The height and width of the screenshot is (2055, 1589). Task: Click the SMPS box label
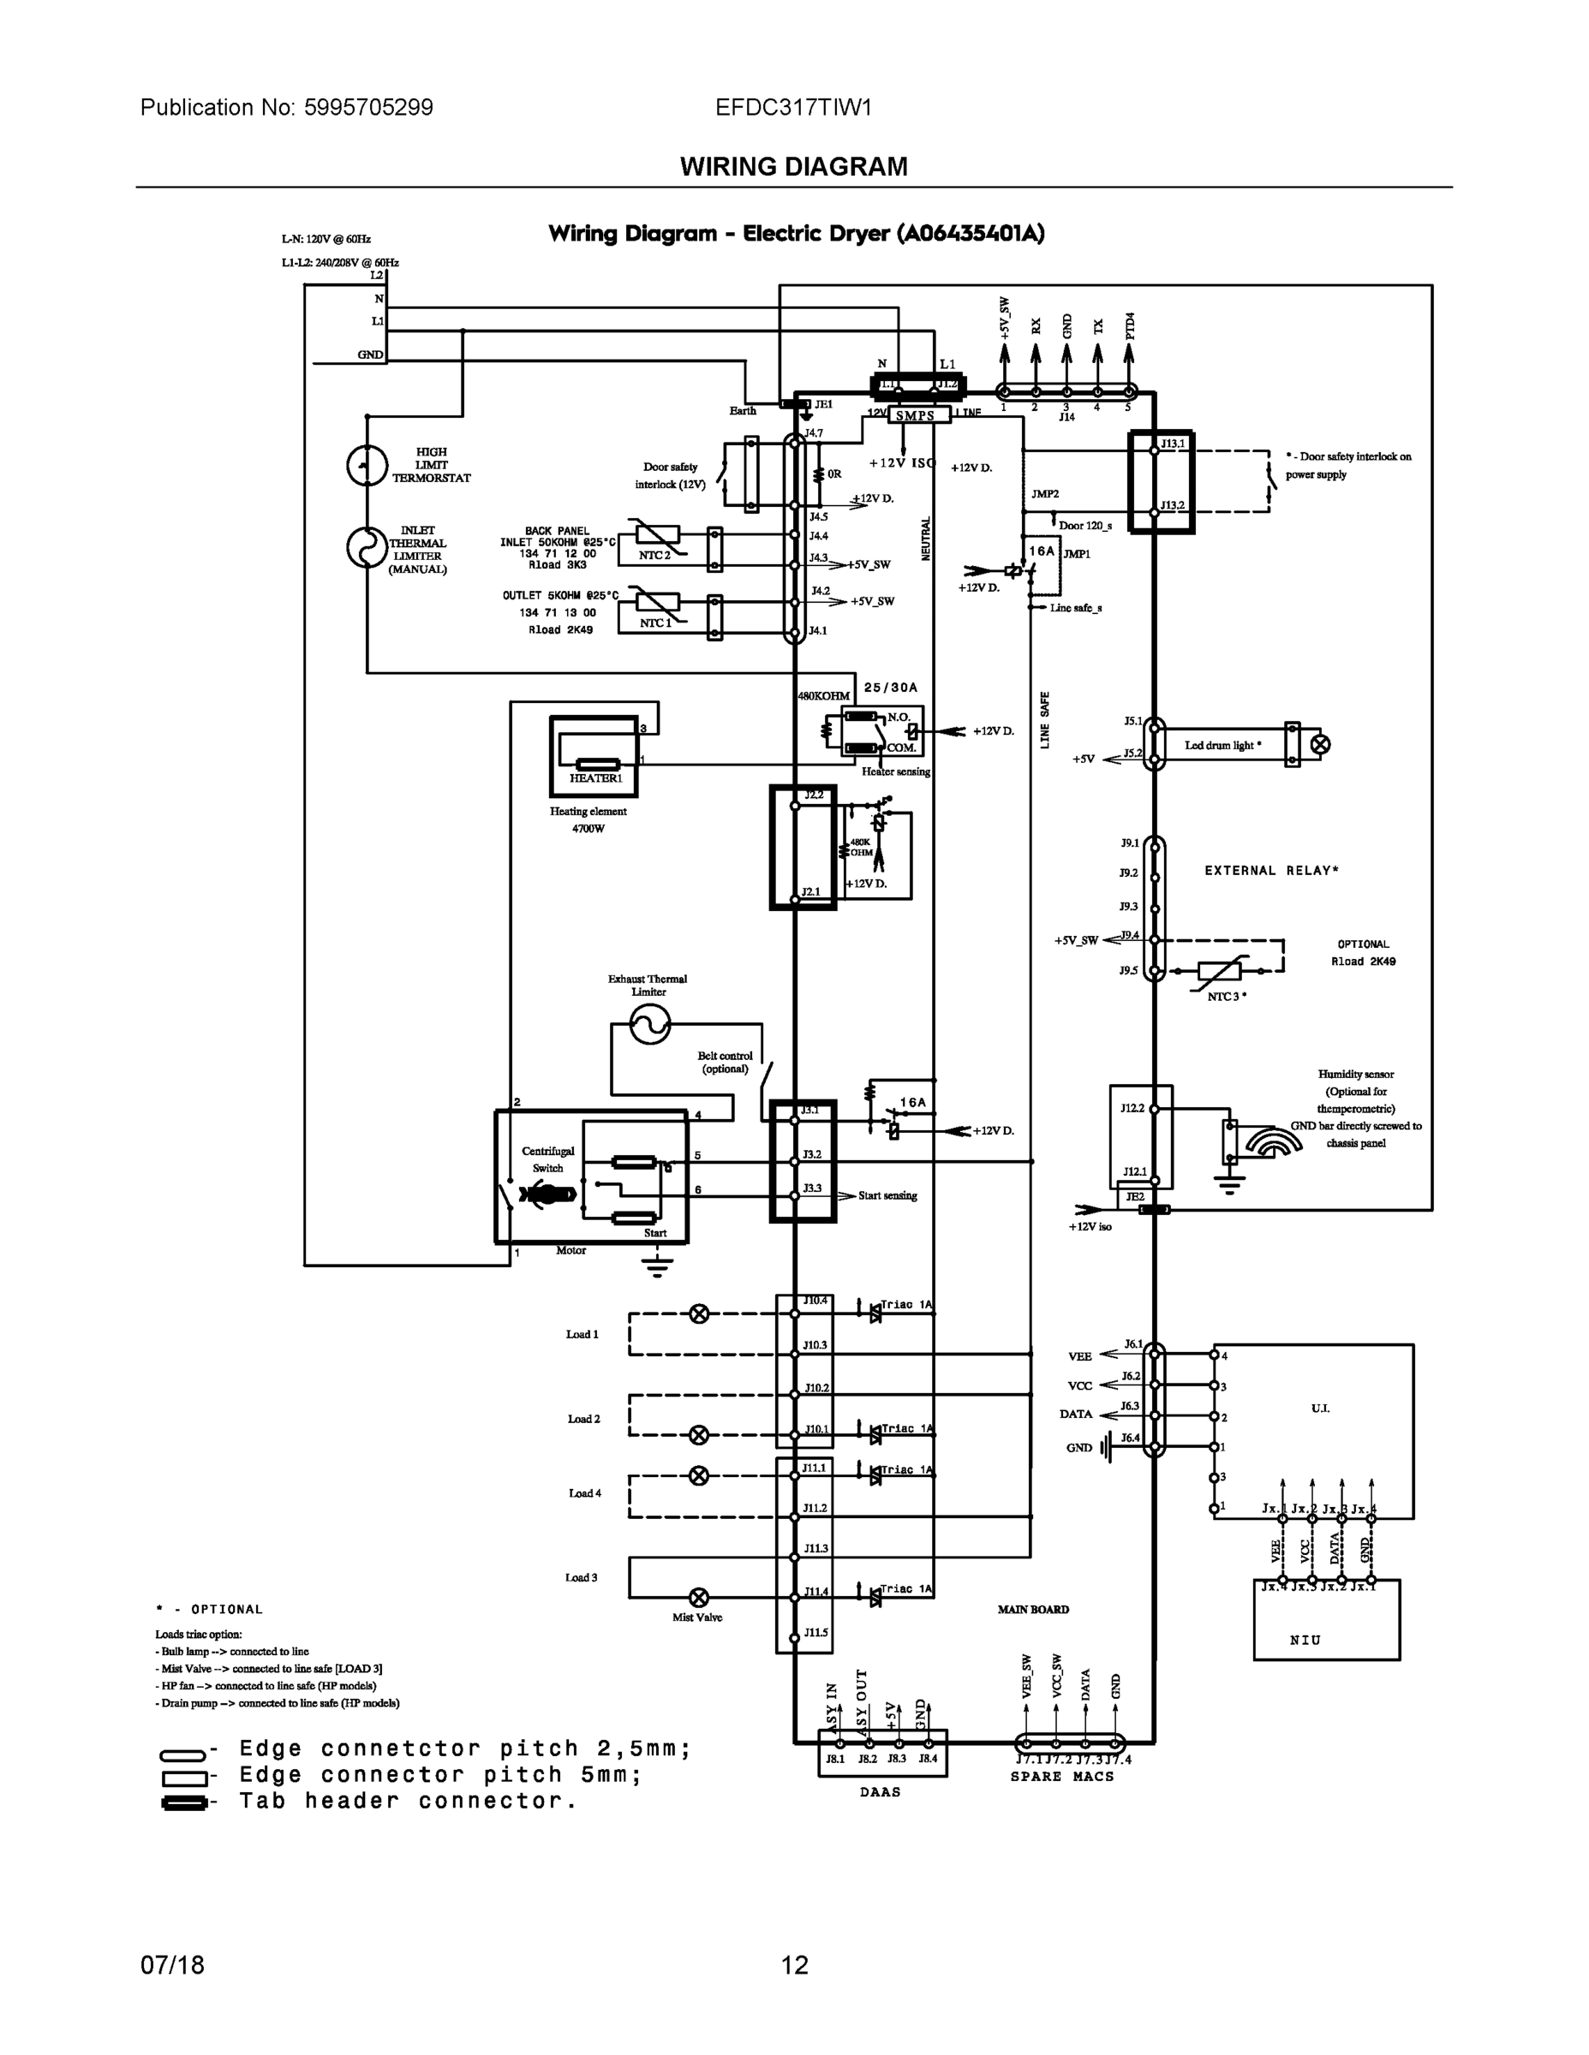click(915, 415)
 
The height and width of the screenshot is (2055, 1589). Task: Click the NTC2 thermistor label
click(655, 555)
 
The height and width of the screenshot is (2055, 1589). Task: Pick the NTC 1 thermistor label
click(655, 622)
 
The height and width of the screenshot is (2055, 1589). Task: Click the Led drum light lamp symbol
click(1321, 744)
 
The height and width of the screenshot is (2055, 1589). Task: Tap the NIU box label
click(1305, 1640)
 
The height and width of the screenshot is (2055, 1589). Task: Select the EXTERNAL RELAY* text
click(1272, 870)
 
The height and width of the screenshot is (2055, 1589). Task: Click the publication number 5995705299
click(368, 107)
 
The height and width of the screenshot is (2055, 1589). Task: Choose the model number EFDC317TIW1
click(793, 107)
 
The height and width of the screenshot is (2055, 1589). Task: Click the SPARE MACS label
click(1062, 1777)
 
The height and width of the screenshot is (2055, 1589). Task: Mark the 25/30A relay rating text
click(891, 688)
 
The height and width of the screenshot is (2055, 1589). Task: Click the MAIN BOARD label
click(1034, 1609)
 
